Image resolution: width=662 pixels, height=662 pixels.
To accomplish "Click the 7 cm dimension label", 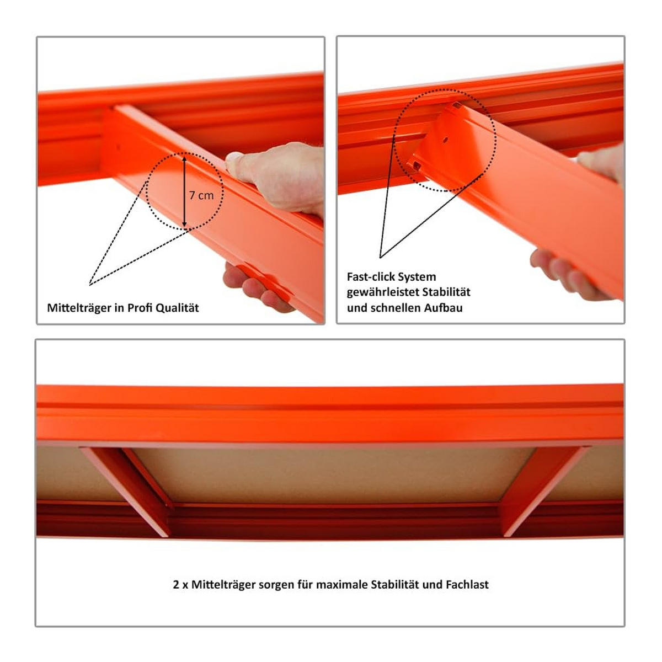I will [x=201, y=195].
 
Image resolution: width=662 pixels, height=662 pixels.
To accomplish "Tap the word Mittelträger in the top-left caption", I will [x=78, y=308].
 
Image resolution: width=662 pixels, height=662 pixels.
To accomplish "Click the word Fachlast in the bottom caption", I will [x=467, y=584].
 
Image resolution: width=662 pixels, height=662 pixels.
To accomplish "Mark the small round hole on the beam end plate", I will [x=445, y=140].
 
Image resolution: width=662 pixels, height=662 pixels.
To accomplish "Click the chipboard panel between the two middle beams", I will [x=331, y=474].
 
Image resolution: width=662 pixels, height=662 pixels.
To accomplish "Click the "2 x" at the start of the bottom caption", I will [x=180, y=584].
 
